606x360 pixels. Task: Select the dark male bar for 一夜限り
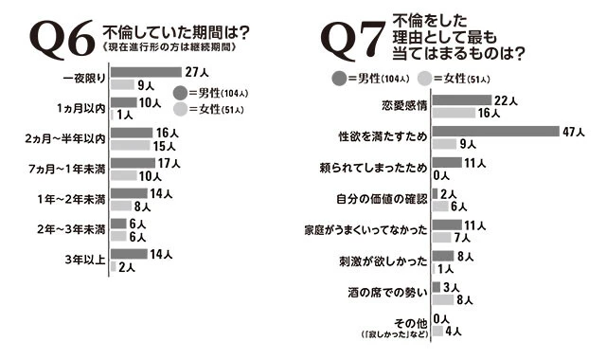(x=146, y=71)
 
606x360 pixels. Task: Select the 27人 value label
(x=197, y=71)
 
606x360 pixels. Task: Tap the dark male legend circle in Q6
(x=182, y=93)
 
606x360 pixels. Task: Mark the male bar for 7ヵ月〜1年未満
(x=133, y=163)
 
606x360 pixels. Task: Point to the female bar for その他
(x=437, y=332)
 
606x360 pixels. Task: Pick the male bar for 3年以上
(x=129, y=254)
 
